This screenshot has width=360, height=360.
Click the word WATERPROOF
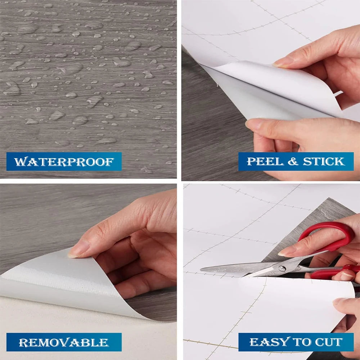tap(64, 162)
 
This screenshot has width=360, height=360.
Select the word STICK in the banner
tap(324, 161)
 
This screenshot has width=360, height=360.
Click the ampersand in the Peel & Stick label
tap(293, 161)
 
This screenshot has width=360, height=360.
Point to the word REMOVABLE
tap(64, 343)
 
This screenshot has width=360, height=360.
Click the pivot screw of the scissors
tap(282, 269)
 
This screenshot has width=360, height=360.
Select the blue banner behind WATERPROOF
tap(64, 161)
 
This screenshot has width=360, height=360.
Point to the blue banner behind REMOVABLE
tap(64, 342)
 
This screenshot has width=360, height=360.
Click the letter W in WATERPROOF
tap(19, 162)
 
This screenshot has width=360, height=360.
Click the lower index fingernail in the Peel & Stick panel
tap(253, 124)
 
